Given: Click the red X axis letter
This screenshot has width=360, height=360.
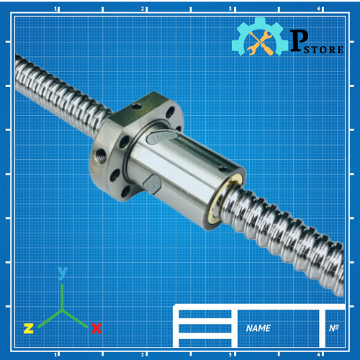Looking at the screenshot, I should point(96,328).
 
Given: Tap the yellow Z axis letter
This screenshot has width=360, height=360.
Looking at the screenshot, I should point(28,328).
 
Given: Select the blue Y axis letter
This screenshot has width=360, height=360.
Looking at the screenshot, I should point(63,272).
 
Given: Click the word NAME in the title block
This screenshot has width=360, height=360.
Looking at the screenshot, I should point(258,328).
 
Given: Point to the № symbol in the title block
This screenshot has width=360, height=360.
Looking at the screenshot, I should point(333,328).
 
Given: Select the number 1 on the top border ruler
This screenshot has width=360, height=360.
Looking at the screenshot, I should point(56,9).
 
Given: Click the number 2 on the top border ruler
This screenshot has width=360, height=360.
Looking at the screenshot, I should point(143,9).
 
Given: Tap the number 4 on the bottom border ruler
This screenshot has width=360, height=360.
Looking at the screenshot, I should point(318,354).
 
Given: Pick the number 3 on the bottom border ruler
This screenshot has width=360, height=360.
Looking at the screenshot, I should point(230,354).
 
